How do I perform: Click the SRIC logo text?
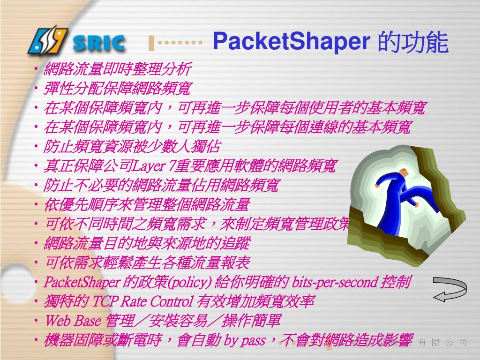point(99,44)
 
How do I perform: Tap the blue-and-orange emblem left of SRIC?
point(48,40)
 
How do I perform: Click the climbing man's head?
point(405,175)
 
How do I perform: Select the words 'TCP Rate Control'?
point(142,301)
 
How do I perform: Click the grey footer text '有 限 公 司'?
point(442,343)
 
